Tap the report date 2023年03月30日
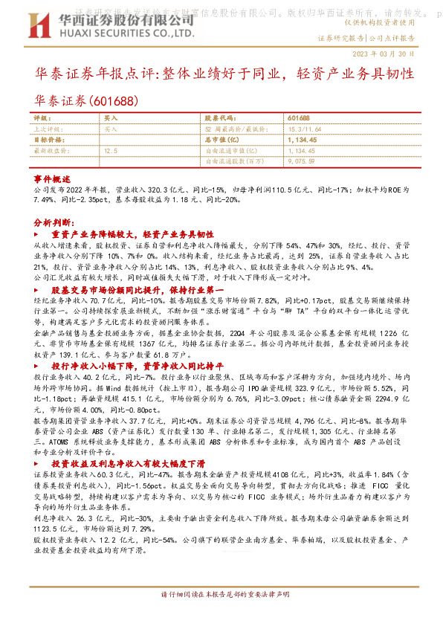(x=395, y=54)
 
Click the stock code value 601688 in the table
(x=297, y=118)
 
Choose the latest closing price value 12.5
(x=111, y=149)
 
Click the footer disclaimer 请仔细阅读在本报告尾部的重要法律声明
(x=221, y=616)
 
